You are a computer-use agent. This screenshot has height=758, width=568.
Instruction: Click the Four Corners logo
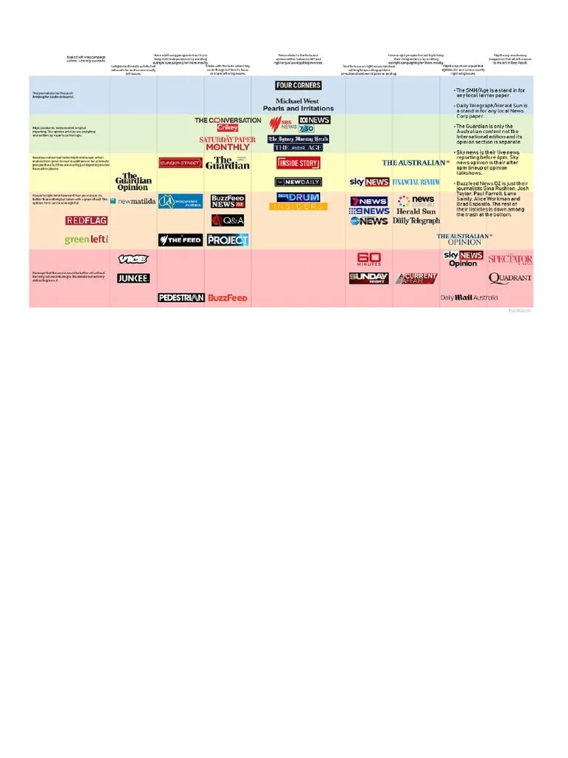(298, 86)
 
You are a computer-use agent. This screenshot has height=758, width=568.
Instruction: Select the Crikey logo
(228, 128)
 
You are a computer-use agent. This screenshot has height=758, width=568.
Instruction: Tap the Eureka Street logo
(180, 163)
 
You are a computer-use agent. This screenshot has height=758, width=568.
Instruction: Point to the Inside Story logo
(298, 163)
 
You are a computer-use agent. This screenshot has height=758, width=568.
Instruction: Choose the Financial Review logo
(416, 181)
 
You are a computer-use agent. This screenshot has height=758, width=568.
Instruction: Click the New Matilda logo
(133, 201)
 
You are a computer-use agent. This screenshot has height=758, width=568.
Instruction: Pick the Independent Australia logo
(180, 201)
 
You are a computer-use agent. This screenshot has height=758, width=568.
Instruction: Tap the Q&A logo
(227, 220)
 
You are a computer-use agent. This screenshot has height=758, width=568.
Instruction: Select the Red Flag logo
(87, 221)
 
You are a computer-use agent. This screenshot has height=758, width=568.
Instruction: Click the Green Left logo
(87, 240)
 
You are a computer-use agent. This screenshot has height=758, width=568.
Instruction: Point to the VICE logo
(133, 259)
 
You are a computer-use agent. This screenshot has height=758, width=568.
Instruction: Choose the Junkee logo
(133, 278)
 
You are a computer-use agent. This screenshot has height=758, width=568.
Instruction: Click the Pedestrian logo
(180, 298)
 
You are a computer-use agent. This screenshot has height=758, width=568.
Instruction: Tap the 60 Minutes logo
(369, 259)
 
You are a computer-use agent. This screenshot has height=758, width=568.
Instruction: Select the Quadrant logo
(510, 278)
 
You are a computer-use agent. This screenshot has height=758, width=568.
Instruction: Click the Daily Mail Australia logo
(469, 298)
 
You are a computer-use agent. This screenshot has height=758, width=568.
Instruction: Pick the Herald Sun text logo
(416, 211)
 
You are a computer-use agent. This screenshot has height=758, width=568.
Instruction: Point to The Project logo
(227, 240)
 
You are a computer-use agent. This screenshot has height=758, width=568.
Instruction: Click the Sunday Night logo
(369, 278)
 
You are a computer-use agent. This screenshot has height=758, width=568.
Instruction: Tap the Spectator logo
(510, 259)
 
